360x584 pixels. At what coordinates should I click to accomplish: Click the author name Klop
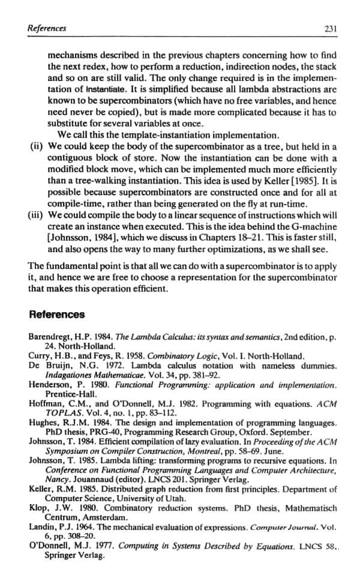coord(38,507)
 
